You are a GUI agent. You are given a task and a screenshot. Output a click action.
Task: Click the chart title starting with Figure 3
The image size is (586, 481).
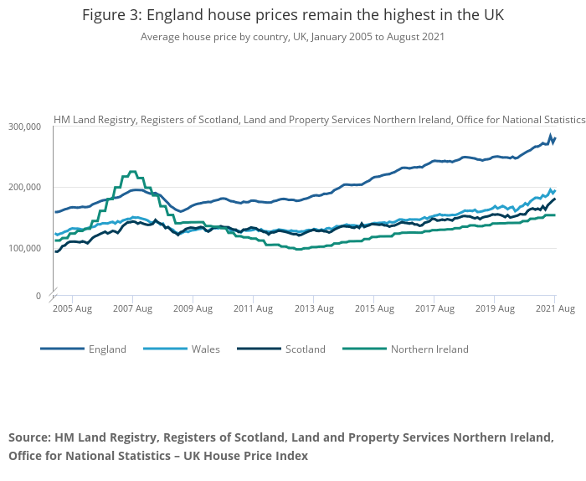[x=293, y=16]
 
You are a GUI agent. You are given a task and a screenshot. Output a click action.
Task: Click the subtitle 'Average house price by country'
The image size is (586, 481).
[x=293, y=37]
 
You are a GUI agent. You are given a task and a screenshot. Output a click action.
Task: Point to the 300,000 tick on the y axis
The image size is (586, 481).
[x=25, y=127]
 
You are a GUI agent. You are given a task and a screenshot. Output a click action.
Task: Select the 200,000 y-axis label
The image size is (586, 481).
[x=25, y=188]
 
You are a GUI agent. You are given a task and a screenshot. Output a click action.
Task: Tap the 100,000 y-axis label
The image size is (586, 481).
[x=25, y=248]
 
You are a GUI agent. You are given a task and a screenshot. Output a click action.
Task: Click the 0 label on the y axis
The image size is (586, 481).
[x=38, y=296]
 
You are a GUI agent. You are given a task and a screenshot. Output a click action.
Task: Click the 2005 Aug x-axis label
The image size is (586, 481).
[x=72, y=309]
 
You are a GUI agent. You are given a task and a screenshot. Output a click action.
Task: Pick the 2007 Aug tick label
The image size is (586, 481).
[x=132, y=309]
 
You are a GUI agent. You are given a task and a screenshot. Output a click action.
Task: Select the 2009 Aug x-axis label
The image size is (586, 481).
[x=193, y=309]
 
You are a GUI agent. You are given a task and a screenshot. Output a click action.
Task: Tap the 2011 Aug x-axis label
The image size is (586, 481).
[x=253, y=309]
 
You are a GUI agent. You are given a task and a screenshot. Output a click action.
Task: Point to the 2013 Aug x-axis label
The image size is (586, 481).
[x=313, y=309]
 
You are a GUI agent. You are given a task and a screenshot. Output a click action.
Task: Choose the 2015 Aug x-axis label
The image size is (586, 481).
[x=373, y=309]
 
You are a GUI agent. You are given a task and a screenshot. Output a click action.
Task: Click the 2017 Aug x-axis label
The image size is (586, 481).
[x=434, y=309]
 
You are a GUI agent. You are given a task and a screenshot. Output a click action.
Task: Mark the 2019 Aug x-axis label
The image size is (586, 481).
[x=494, y=309]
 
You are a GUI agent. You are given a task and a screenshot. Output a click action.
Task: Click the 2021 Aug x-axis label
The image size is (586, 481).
[x=554, y=309]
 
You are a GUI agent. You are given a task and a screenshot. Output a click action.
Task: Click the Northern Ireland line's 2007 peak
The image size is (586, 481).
[x=132, y=172]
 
